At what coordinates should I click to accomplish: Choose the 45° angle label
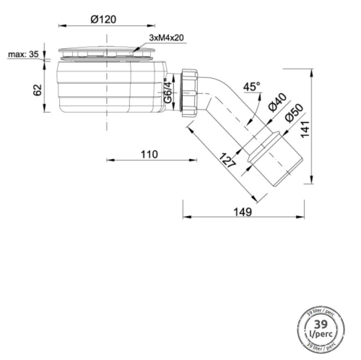point(251,87)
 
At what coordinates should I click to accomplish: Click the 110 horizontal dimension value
point(147,154)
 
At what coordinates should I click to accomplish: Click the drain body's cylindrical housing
point(108,87)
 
